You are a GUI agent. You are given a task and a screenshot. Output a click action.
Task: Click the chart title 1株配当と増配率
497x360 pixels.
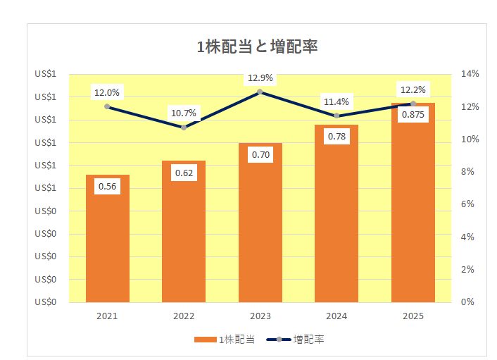[258, 47]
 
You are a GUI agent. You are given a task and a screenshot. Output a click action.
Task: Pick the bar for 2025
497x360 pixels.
[413, 211]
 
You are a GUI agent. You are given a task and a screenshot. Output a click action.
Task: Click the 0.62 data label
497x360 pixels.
[184, 173]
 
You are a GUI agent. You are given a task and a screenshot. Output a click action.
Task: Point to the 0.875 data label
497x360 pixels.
[413, 115]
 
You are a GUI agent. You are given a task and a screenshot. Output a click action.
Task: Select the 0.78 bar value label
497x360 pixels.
[336, 136]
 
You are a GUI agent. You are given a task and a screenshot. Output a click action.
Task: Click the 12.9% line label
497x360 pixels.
[260, 78]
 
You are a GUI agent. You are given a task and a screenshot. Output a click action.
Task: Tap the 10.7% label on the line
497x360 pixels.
[184, 113]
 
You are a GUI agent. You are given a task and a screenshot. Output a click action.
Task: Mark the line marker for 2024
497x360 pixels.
[336, 116]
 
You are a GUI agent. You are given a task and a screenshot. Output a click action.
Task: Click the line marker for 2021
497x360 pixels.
[108, 106]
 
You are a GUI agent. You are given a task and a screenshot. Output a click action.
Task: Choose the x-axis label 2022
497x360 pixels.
[184, 316]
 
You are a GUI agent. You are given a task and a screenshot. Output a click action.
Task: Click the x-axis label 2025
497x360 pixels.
[413, 316]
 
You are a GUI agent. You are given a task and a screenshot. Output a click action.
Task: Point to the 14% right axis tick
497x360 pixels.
[470, 74]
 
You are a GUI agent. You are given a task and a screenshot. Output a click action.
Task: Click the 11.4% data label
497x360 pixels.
[336, 102]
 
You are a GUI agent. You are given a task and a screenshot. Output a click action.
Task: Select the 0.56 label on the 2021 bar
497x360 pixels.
[108, 187]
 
